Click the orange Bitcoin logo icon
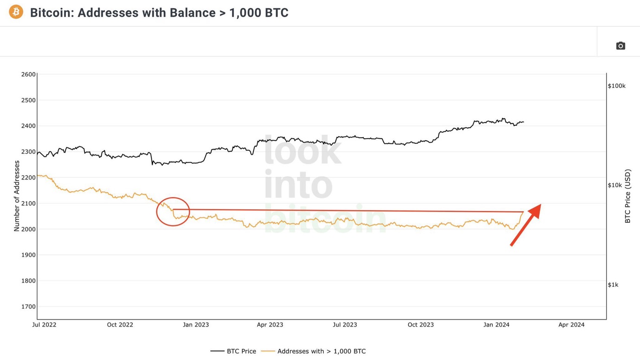(x=16, y=12)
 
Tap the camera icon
(x=621, y=45)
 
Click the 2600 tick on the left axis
(x=28, y=74)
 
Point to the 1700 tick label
(x=28, y=307)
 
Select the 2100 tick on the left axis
(x=28, y=203)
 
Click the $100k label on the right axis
(x=616, y=86)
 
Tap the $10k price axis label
(x=614, y=185)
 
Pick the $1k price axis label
(x=613, y=285)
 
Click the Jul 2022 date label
(x=44, y=325)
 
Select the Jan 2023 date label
(x=195, y=325)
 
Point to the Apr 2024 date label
(x=571, y=325)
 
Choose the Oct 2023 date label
(x=420, y=325)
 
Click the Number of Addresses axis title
(x=17, y=196)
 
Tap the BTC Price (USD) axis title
(x=627, y=196)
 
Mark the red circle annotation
(x=173, y=212)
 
